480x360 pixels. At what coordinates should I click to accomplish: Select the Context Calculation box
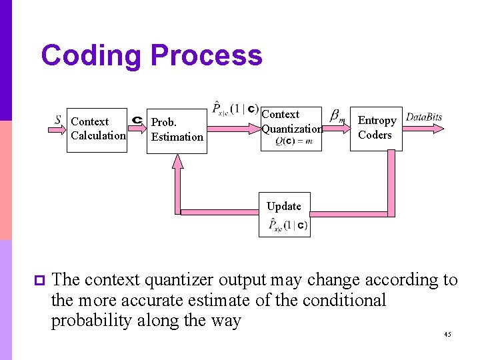click(97, 129)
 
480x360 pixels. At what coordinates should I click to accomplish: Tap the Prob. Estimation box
click(177, 129)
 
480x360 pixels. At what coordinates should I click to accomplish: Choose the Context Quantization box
click(291, 128)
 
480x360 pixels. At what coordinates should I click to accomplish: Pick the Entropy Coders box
click(377, 127)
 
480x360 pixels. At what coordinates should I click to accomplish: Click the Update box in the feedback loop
click(284, 216)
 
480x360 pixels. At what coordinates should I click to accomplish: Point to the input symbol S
click(59, 120)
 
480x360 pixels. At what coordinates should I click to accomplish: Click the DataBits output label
click(424, 117)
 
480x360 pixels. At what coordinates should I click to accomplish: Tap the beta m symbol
click(337, 119)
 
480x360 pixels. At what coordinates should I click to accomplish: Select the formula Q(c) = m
click(293, 141)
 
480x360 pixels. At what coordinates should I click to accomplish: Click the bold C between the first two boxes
click(137, 120)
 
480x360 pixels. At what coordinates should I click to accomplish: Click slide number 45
click(447, 334)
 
